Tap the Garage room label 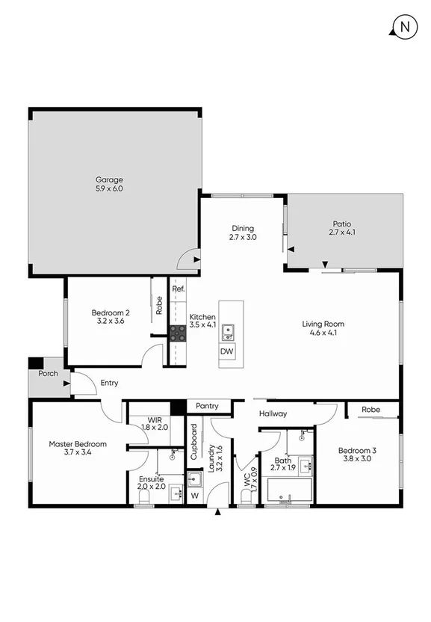pos(109,179)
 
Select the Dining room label pos(242,228)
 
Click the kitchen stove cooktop pos(178,334)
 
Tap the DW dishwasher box pos(226,351)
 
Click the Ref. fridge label pos(179,289)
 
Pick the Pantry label pos(207,406)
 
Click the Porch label pos(49,373)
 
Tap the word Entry pos(109,383)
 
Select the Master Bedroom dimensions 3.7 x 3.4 pos(78,453)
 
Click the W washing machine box pos(194,494)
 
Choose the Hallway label pos(273,413)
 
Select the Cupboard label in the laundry pos(193,441)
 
